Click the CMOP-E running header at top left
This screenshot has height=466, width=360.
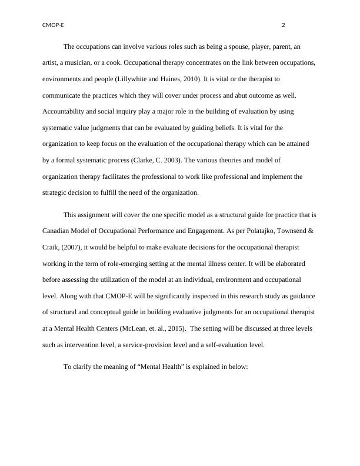53,25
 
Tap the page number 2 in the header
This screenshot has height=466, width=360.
284,25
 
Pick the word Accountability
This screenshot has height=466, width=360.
66,111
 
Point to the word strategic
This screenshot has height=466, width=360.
56,191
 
